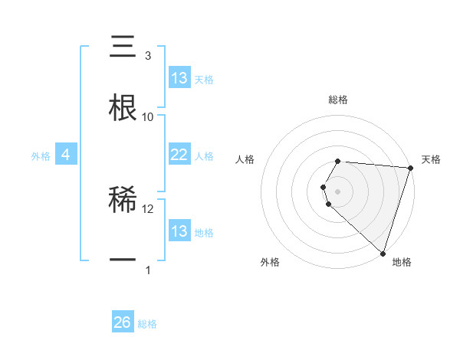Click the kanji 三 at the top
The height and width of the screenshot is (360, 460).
click(x=123, y=47)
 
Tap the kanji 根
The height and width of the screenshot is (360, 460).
click(x=123, y=108)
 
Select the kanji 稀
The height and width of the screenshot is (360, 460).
click(x=123, y=200)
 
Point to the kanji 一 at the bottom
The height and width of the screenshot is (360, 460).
click(x=123, y=260)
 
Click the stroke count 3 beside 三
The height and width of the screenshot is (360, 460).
click(x=147, y=56)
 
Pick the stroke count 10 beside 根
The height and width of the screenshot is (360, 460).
click(x=148, y=116)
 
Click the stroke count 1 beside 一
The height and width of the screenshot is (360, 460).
click(x=147, y=270)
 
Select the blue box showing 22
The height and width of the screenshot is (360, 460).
click(x=179, y=155)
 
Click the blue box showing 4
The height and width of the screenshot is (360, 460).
click(x=65, y=155)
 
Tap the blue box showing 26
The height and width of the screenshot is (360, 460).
click(x=123, y=322)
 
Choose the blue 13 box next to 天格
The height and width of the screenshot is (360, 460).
click(x=179, y=78)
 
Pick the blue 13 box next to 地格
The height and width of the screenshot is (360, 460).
click(x=179, y=231)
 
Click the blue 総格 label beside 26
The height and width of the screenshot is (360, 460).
click(x=148, y=324)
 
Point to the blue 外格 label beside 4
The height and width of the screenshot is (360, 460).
click(x=41, y=156)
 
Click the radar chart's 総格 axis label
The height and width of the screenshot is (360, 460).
click(x=338, y=100)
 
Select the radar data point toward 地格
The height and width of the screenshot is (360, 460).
click(x=383, y=253)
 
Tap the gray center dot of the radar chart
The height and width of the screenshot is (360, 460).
click(x=338, y=191)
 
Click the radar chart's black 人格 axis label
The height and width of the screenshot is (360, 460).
click(x=245, y=159)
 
